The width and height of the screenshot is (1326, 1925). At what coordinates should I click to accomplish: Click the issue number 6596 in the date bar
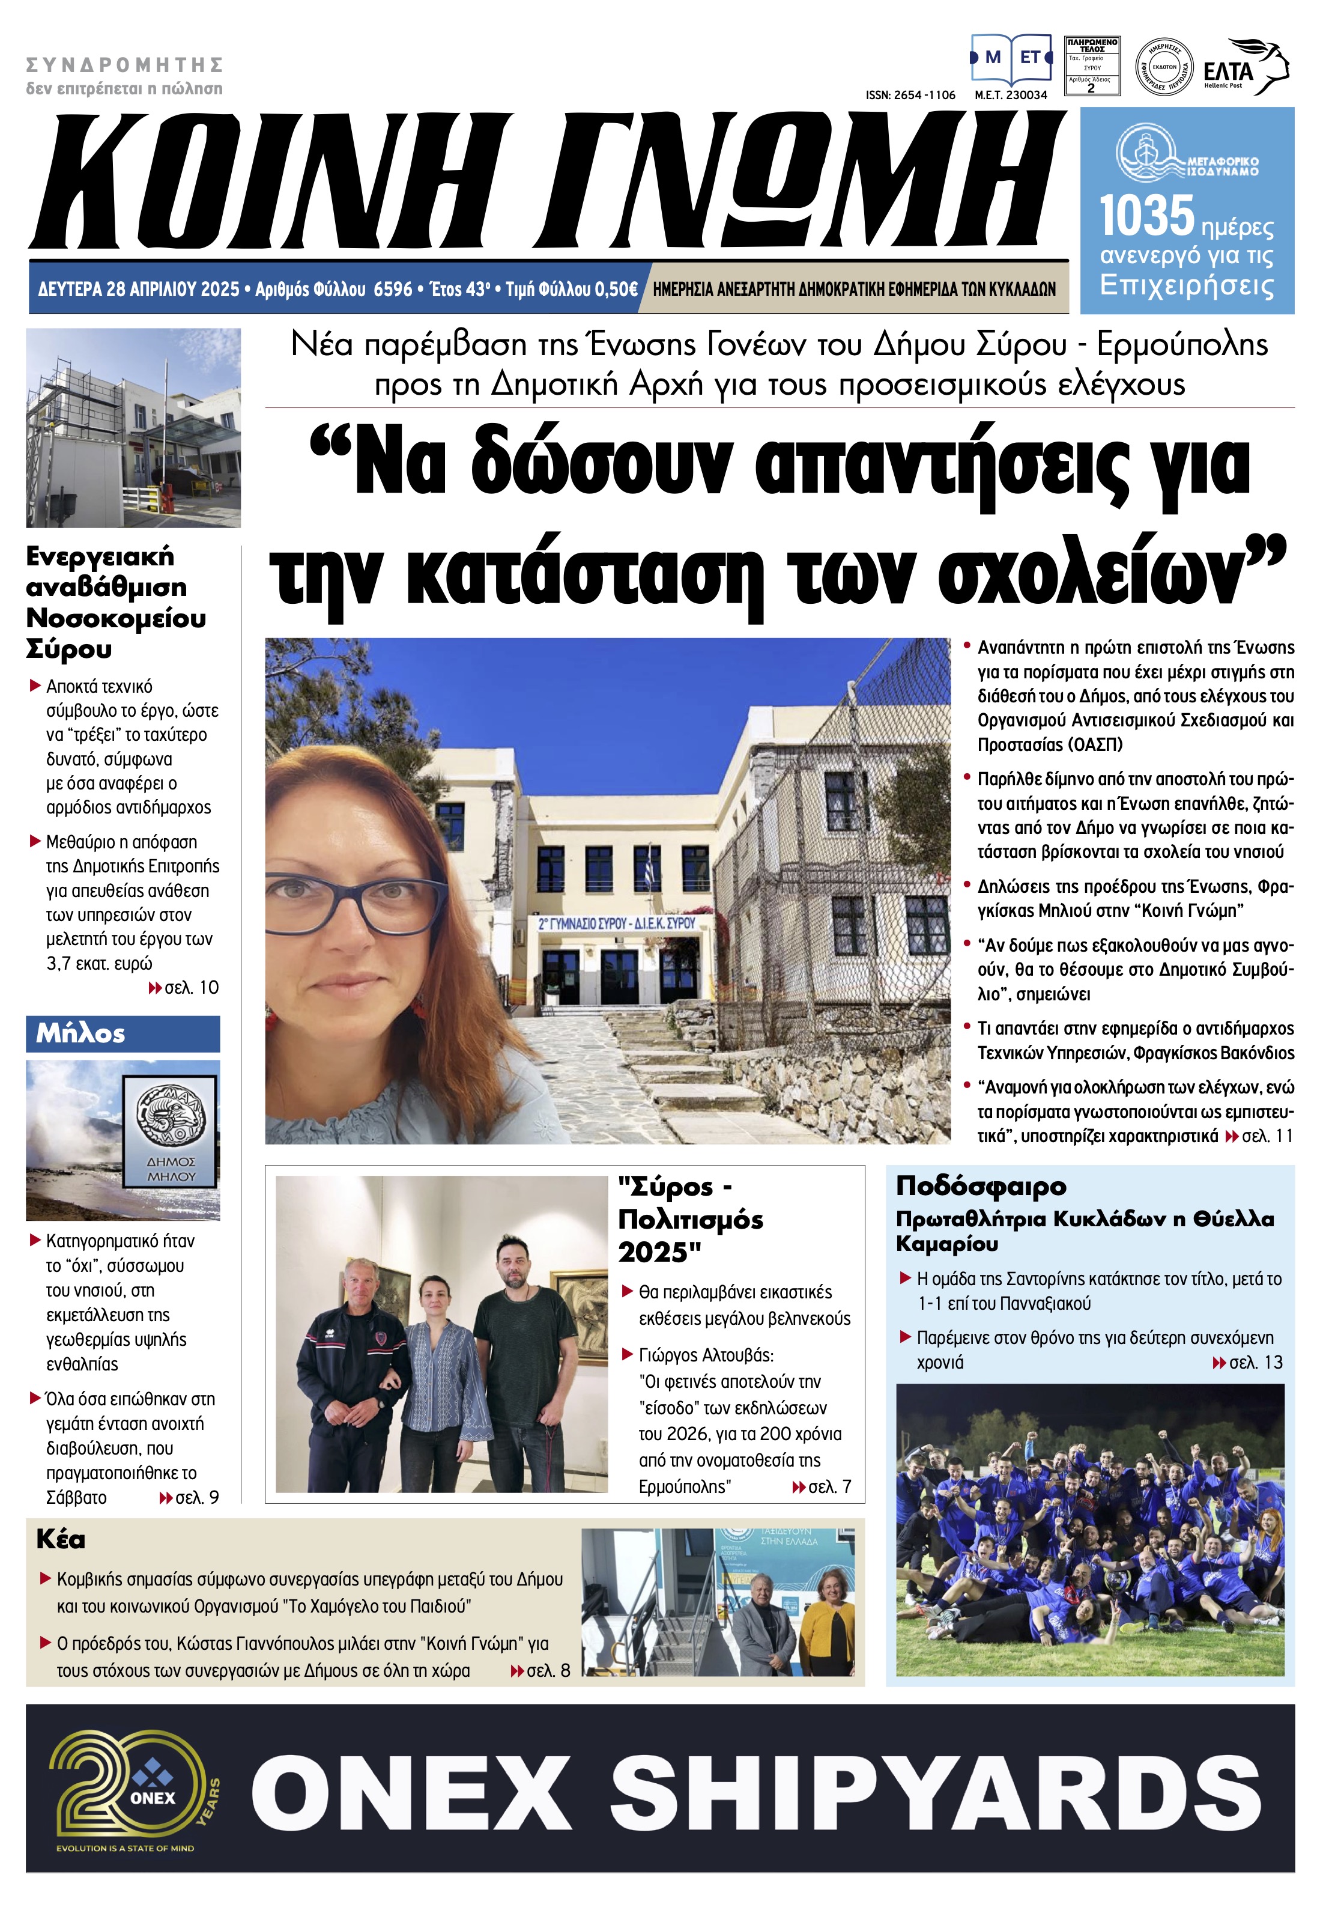tap(393, 289)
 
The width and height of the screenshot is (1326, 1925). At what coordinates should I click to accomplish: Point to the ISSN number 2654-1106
tap(910, 96)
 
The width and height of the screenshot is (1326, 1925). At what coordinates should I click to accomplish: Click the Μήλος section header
tap(80, 1033)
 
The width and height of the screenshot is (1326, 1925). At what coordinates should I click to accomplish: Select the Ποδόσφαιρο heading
tap(980, 1186)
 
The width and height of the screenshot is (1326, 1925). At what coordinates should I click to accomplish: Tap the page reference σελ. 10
tap(191, 988)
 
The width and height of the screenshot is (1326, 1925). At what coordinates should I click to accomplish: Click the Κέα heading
tap(61, 1539)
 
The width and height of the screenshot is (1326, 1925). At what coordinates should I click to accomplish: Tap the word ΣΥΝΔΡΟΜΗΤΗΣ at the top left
tap(125, 65)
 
